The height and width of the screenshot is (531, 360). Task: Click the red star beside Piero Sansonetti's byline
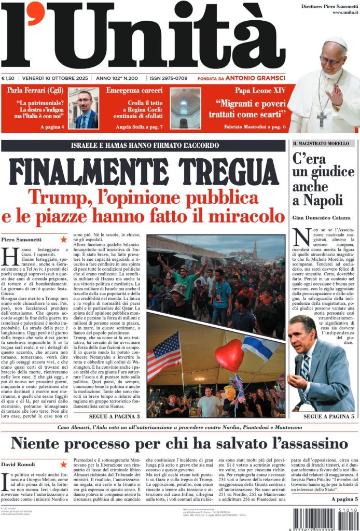click(64, 239)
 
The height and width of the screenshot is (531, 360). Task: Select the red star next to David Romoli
click(64, 464)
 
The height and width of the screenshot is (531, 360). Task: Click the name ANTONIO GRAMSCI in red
click(255, 78)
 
